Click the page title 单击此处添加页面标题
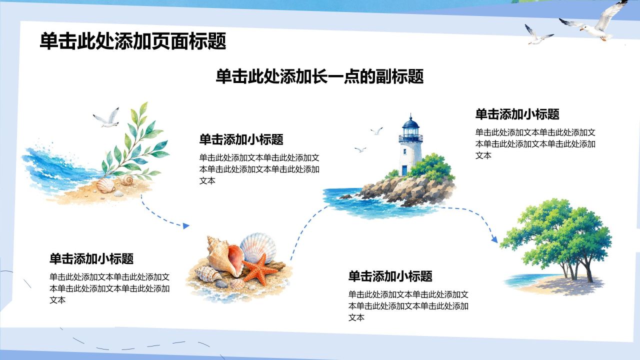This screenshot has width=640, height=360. point(133,41)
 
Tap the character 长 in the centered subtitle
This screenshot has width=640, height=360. point(319,76)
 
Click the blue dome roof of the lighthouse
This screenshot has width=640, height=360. point(410,123)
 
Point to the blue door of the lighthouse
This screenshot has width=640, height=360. point(404,170)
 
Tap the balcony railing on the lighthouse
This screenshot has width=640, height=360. point(410,138)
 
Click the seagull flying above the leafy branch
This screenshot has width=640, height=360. point(106,117)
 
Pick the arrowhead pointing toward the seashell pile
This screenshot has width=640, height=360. point(185,226)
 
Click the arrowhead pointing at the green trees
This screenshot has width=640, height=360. point(494,239)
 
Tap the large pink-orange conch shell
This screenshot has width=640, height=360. point(225,256)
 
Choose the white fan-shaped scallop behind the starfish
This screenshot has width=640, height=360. point(258,247)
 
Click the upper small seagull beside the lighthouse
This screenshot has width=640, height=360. point(377,131)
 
